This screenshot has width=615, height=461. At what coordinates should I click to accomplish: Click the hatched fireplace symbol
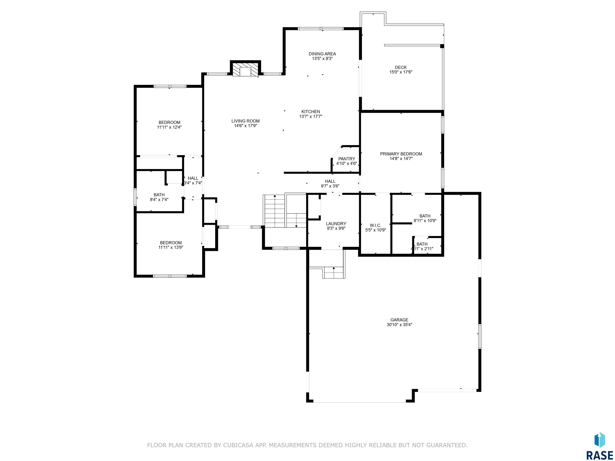pos(245,69)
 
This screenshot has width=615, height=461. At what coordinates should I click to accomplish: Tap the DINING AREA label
pos(322,54)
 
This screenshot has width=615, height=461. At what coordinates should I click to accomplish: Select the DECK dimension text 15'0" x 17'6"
pos(401,72)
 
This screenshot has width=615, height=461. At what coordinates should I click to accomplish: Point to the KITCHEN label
pos(311,112)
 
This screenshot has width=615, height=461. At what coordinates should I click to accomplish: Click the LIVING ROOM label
pos(245,121)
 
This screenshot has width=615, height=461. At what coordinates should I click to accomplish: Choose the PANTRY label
pos(347,159)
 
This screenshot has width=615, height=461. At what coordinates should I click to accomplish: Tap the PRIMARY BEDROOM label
pos(401,154)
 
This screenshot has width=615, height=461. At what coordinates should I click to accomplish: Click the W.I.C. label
pos(376,225)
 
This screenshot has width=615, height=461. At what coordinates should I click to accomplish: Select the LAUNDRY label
pos(336,224)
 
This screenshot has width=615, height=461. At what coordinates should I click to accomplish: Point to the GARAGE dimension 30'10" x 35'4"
pos(399,325)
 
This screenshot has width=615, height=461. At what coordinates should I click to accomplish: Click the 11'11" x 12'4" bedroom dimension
pos(169,127)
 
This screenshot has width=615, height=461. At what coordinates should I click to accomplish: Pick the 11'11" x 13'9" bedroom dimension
pos(171,247)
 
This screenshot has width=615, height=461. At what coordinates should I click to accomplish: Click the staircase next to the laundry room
pos(285,211)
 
